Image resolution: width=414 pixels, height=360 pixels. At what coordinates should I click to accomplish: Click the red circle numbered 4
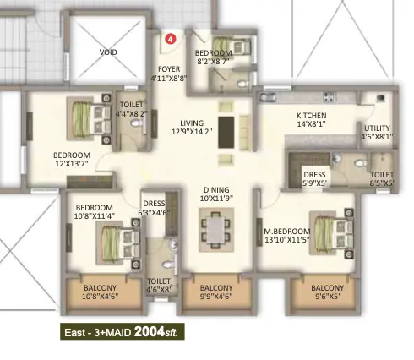[170, 39]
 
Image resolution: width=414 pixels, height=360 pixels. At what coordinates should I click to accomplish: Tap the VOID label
[108, 52]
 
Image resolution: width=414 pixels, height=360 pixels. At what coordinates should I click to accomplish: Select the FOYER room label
[169, 69]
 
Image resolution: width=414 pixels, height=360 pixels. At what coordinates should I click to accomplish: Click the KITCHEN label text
[312, 116]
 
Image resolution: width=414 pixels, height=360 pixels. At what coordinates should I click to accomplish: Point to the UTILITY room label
[377, 128]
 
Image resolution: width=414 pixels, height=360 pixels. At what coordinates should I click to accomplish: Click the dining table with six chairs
[216, 230]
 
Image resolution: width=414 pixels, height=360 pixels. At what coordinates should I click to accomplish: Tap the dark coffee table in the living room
[226, 133]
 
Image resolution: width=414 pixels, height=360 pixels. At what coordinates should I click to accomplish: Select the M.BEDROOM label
[286, 232]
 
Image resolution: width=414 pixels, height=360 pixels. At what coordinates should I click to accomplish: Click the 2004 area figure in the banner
[150, 331]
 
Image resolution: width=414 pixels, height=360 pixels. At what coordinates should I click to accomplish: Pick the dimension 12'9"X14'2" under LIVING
[192, 132]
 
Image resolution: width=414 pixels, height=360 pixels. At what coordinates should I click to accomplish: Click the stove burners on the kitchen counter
[330, 97]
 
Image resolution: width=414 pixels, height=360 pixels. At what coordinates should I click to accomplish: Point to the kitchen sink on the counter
[267, 98]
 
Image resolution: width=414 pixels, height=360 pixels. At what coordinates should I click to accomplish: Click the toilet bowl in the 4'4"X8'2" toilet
[139, 123]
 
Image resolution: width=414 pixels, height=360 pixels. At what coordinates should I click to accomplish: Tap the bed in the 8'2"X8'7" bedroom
[232, 46]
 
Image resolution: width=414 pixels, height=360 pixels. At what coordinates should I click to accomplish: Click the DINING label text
[216, 190]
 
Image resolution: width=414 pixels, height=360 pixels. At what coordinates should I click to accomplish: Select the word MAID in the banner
[118, 333]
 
